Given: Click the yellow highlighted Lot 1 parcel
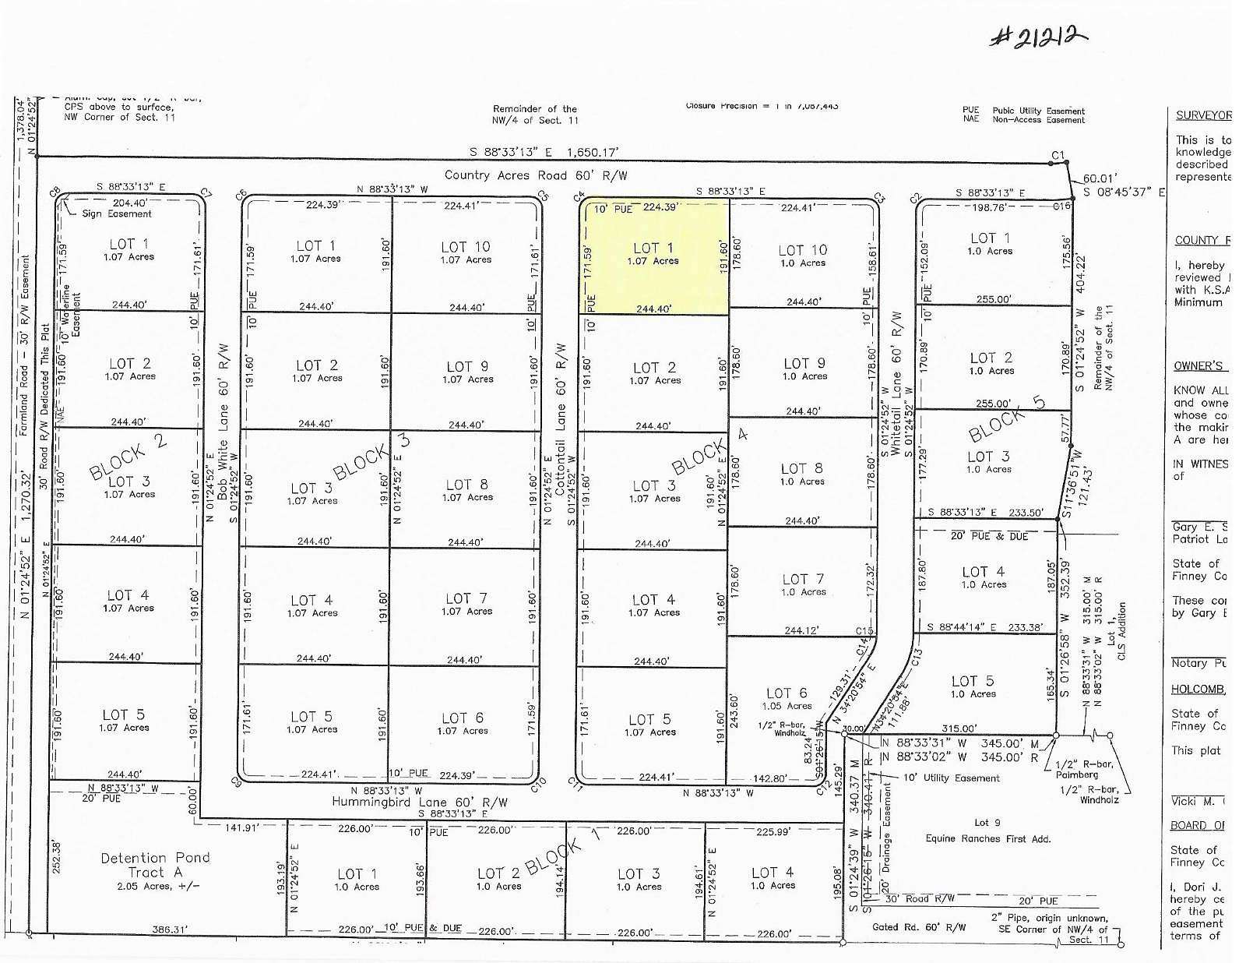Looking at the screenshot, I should [656, 256].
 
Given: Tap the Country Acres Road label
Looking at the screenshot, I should [535, 175].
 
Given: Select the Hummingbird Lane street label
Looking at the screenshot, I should [420, 802].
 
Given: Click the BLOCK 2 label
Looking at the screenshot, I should [128, 457].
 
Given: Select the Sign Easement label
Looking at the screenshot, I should [117, 213].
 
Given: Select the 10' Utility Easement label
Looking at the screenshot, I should [951, 778].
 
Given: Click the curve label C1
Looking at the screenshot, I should [1057, 156].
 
